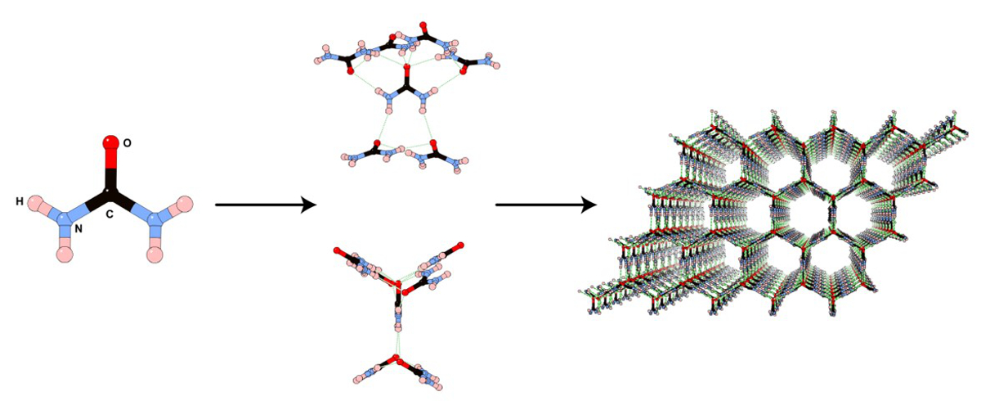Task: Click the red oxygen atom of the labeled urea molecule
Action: [110, 143]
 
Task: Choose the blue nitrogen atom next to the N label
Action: [67, 216]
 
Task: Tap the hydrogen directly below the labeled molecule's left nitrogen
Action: [66, 254]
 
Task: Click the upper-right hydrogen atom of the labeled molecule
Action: [186, 203]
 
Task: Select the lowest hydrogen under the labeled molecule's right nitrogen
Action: [155, 254]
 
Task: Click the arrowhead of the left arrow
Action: [309, 205]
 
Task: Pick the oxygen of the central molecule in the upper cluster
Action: [406, 79]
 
